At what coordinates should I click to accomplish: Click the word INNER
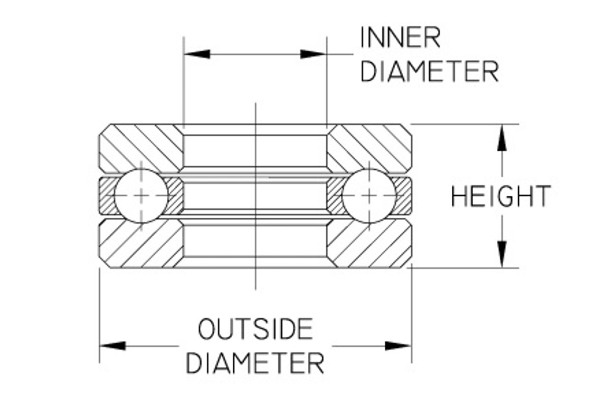point(400,38)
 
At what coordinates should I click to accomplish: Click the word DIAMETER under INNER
point(429,71)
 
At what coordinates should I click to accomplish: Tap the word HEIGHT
point(501,196)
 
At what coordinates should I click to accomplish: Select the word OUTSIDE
point(256,329)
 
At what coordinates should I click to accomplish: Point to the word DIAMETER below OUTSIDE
point(255,364)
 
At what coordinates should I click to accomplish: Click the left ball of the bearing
point(141,195)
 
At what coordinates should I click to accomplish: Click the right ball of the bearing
point(369,195)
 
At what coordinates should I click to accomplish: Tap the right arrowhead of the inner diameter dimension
point(313,54)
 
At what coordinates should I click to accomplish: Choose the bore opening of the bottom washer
point(255,241)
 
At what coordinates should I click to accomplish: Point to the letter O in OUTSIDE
point(208,329)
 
